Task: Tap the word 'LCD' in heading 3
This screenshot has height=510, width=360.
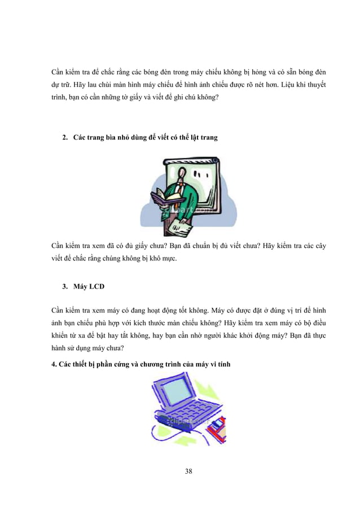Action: [x=96, y=287]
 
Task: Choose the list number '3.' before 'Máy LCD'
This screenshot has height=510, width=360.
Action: [x=65, y=287]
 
